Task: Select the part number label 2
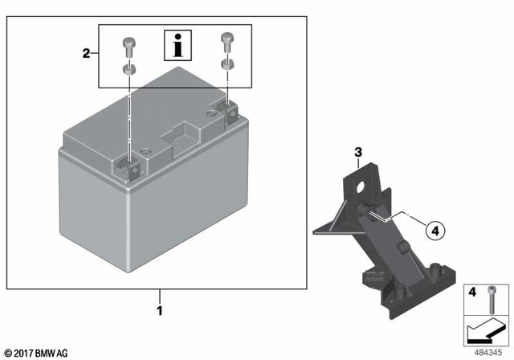pos(86,54)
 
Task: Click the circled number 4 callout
pos(434,231)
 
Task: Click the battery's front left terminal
pos(128,166)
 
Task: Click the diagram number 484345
pos(487,351)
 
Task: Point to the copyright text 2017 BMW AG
pos(37,352)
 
